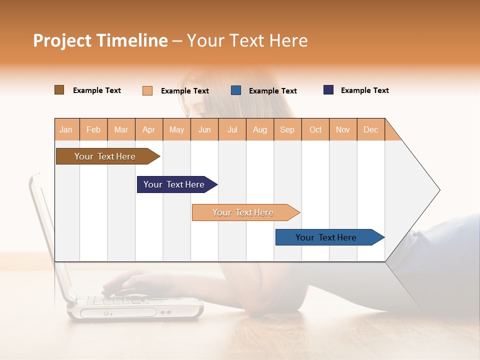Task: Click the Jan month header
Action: pyautogui.click(x=66, y=129)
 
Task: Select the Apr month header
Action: pyautogui.click(x=148, y=129)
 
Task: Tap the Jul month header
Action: pyautogui.click(x=232, y=129)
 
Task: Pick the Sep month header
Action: pyautogui.click(x=287, y=129)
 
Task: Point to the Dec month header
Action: pyautogui.click(x=370, y=129)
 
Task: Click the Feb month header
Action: pyautogui.click(x=93, y=129)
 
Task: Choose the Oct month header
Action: pyautogui.click(x=315, y=129)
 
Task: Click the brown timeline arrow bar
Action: pyautogui.click(x=105, y=156)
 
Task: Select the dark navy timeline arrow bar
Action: pyautogui.click(x=174, y=184)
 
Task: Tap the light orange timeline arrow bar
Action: pyautogui.click(x=243, y=212)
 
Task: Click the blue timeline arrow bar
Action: pyautogui.click(x=326, y=237)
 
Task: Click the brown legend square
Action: pyautogui.click(x=59, y=90)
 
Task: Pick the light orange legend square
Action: pyautogui.click(x=147, y=90)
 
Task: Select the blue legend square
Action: pyautogui.click(x=236, y=90)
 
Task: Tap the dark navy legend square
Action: pyautogui.click(x=328, y=90)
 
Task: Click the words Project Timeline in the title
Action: pyautogui.click(x=100, y=40)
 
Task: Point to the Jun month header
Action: pyautogui.click(x=204, y=129)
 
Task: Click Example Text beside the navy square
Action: pyautogui.click(x=364, y=90)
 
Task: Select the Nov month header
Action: pyautogui.click(x=343, y=129)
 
